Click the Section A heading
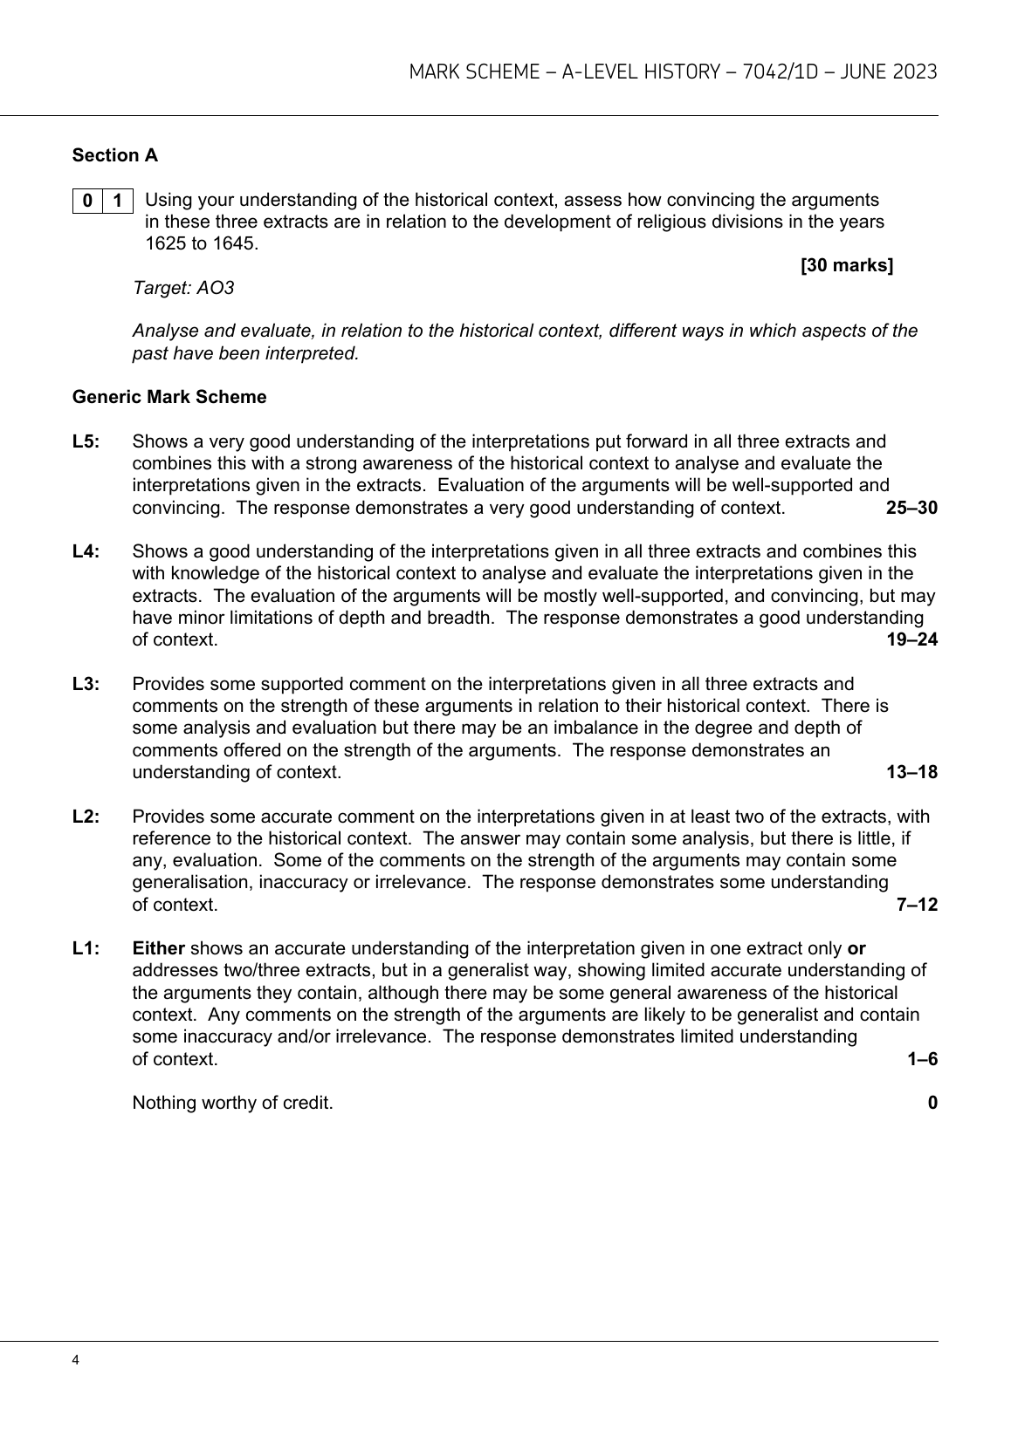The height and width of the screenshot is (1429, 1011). (115, 155)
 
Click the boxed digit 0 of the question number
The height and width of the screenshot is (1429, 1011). (87, 201)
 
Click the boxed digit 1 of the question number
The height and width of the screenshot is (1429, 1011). (118, 201)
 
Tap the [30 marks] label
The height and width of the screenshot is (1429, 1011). (846, 265)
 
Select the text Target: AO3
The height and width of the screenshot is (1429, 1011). (183, 287)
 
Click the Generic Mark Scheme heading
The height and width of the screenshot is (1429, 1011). (169, 397)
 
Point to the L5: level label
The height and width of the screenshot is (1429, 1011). (86, 441)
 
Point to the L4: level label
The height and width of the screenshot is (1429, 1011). (86, 551)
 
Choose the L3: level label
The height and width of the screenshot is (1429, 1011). (86, 684)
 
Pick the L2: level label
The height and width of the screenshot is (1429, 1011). (86, 817)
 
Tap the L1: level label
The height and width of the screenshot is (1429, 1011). (86, 948)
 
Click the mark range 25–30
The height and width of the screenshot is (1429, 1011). (911, 508)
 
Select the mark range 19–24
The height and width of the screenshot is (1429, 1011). (911, 639)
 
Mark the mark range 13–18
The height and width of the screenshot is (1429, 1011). (911, 772)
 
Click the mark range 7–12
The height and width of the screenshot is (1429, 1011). (917, 905)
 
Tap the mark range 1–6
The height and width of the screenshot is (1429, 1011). (922, 1059)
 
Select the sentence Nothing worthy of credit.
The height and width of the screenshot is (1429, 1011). (232, 1103)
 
